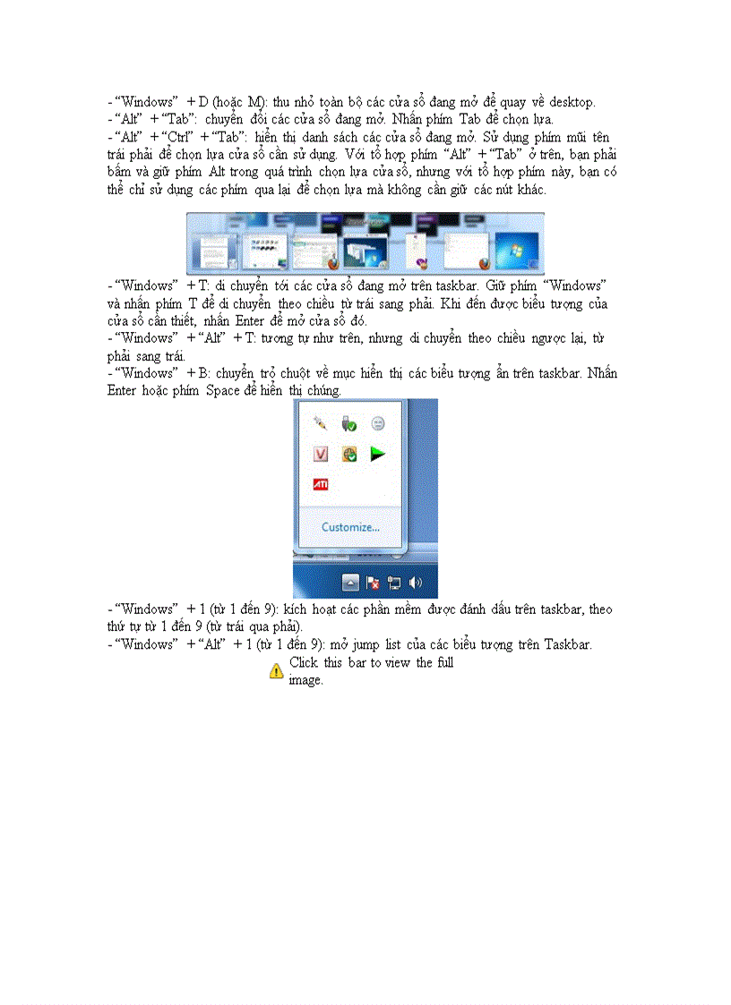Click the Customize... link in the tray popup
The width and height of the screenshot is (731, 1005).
[350, 527]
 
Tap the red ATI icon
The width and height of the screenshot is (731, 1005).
[320, 484]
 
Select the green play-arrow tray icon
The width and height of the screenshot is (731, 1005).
[378, 454]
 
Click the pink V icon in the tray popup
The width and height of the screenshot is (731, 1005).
[321, 454]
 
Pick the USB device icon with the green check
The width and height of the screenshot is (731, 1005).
[349, 423]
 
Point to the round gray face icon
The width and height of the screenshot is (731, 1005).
[378, 423]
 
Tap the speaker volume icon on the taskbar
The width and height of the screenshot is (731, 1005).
[415, 583]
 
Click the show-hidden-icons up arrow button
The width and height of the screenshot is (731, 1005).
[351, 583]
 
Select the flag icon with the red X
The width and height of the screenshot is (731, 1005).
[374, 583]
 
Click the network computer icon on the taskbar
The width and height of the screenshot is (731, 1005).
[394, 583]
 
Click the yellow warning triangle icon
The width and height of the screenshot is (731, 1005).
[277, 670]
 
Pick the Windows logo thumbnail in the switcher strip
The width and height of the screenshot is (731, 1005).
[517, 251]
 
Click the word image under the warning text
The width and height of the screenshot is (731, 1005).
[305, 679]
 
